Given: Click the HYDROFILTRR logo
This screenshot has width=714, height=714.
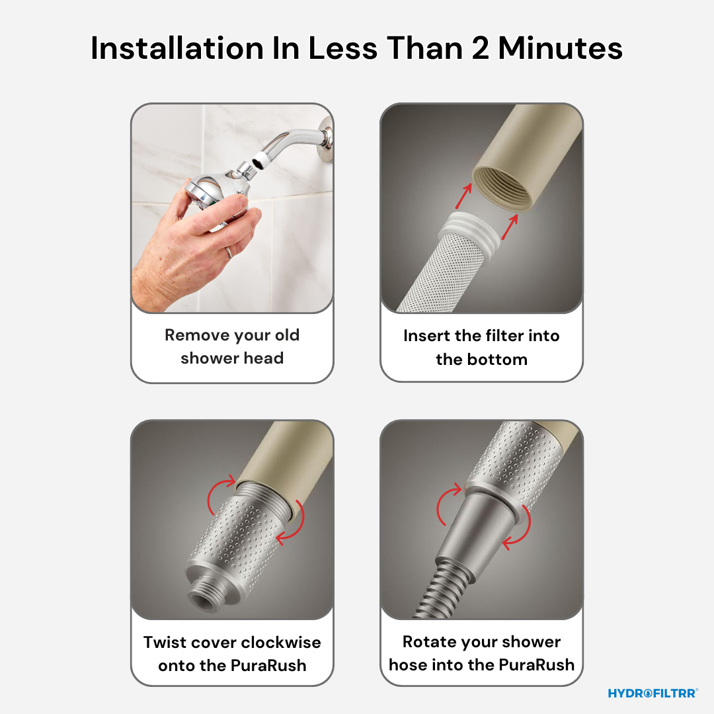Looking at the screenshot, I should tap(653, 693).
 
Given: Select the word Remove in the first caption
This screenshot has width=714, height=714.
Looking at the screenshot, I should tap(196, 335).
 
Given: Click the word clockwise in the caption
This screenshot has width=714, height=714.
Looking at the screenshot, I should tap(281, 642).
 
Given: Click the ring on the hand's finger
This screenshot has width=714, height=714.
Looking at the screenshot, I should tap(227, 251).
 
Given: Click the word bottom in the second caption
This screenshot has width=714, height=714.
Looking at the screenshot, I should tap(500, 359).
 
